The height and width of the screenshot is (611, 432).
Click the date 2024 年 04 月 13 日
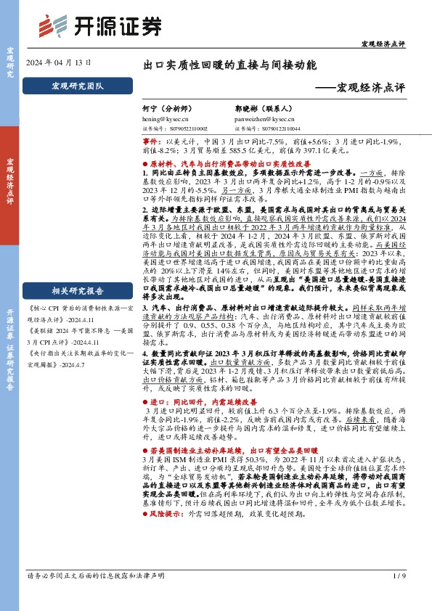click(x=59, y=63)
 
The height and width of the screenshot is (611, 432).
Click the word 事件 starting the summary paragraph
click(x=151, y=142)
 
